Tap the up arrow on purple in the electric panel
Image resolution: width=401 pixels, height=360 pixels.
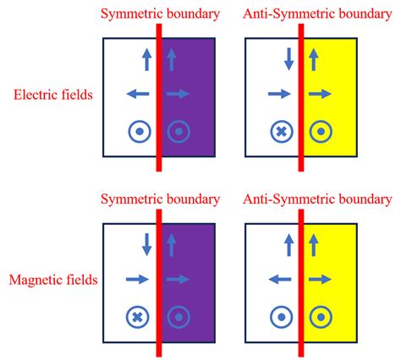click(x=173, y=59)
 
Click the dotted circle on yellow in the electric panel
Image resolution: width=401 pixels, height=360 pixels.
click(x=320, y=132)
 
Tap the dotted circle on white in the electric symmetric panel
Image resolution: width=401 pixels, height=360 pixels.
click(x=138, y=132)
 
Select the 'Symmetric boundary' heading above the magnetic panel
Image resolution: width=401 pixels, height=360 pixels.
click(x=160, y=199)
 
